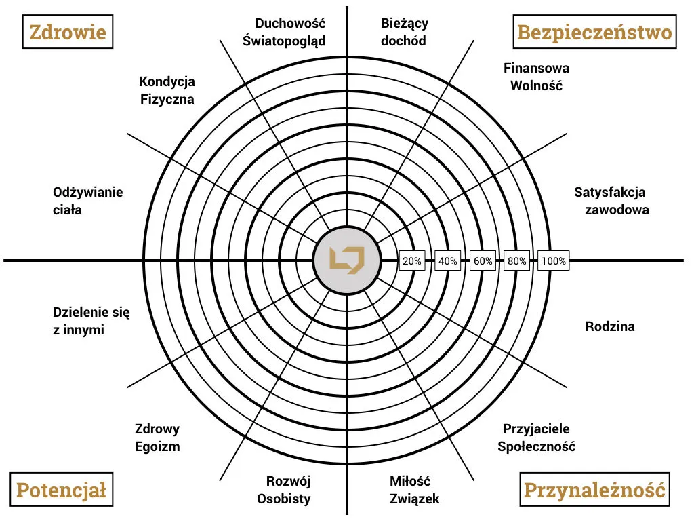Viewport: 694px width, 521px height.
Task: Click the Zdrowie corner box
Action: [x=68, y=32]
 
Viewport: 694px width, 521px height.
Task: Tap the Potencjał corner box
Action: [x=61, y=490]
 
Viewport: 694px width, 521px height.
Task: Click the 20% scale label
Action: [x=412, y=260]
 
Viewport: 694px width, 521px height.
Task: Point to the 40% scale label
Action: [x=447, y=260]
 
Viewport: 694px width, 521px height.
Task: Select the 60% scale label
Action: [x=483, y=260]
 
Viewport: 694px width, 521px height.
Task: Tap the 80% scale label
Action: [x=517, y=260]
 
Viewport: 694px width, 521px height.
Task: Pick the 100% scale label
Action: [x=553, y=260]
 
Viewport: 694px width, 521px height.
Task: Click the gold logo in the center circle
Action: [x=347, y=260]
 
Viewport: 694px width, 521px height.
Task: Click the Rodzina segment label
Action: [x=610, y=326]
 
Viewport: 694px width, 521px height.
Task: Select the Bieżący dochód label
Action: [x=404, y=32]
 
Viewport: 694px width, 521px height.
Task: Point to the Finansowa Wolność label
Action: [x=536, y=77]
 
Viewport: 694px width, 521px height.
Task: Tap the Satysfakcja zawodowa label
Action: [x=610, y=200]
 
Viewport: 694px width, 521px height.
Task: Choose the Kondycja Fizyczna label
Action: [x=167, y=90]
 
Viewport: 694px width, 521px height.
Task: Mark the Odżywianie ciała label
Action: [x=88, y=200]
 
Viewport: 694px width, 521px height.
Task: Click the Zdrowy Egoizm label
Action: [x=157, y=438]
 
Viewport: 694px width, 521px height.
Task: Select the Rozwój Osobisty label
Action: [x=288, y=490]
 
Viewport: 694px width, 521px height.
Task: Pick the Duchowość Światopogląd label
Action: [x=284, y=32]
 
